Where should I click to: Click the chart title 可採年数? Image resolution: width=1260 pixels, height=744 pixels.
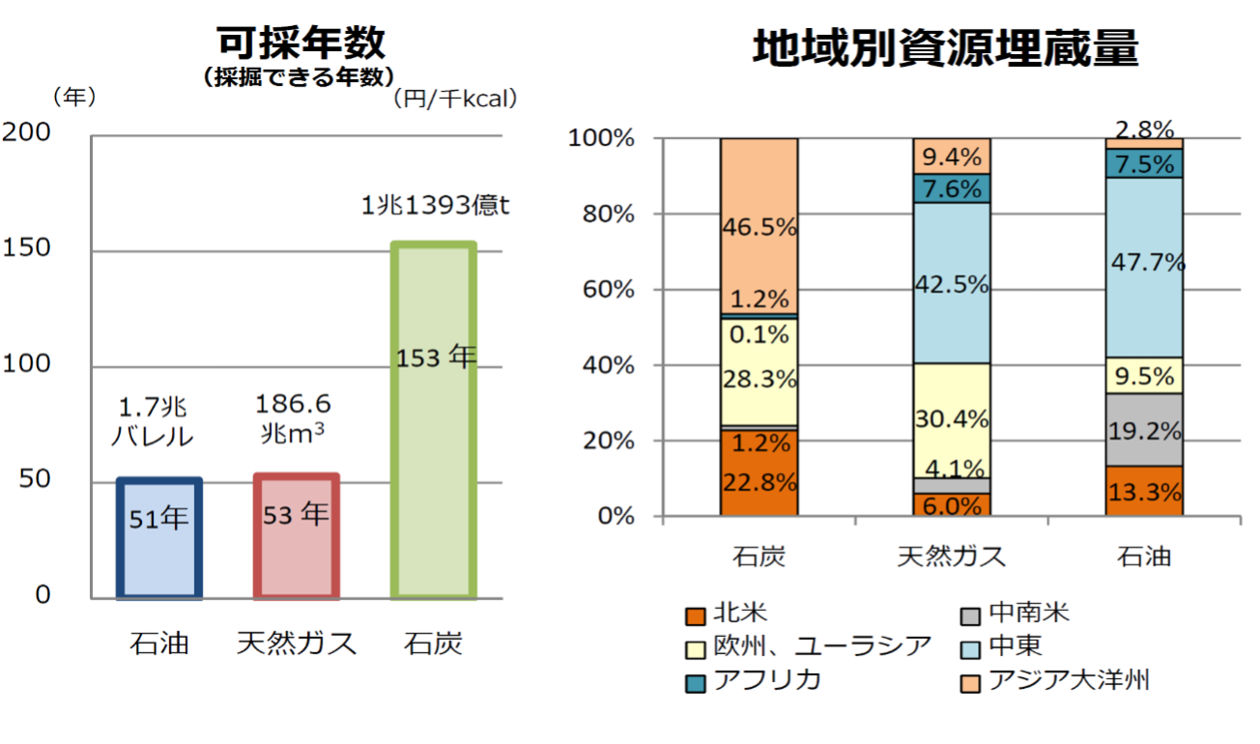(301, 43)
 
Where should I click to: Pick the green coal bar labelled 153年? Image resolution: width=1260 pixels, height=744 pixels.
(434, 420)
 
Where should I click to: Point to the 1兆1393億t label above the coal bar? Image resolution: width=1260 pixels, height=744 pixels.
(434, 206)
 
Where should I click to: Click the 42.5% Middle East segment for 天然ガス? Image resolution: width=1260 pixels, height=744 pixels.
(951, 284)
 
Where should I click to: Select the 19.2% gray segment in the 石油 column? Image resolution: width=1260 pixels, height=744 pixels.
(1144, 430)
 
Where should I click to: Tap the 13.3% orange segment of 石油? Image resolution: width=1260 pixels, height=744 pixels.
(1144, 492)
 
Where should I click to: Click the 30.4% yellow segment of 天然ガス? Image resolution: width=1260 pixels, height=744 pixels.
(951, 419)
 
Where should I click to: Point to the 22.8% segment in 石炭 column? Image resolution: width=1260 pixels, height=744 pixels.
(759, 481)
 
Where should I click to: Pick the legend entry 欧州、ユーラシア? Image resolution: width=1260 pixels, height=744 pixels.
(821, 645)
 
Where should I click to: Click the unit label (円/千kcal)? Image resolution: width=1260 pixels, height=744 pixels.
(455, 98)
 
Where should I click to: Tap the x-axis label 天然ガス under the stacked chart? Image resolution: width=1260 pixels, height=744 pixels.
(951, 557)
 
